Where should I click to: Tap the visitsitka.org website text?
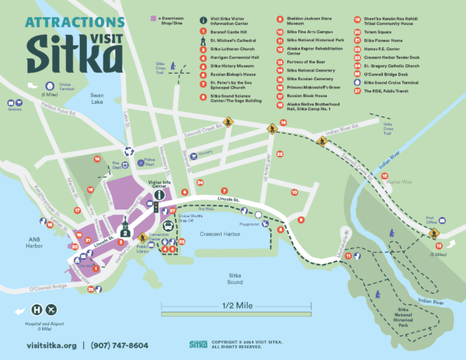pyautogui.click(x=50, y=344)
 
